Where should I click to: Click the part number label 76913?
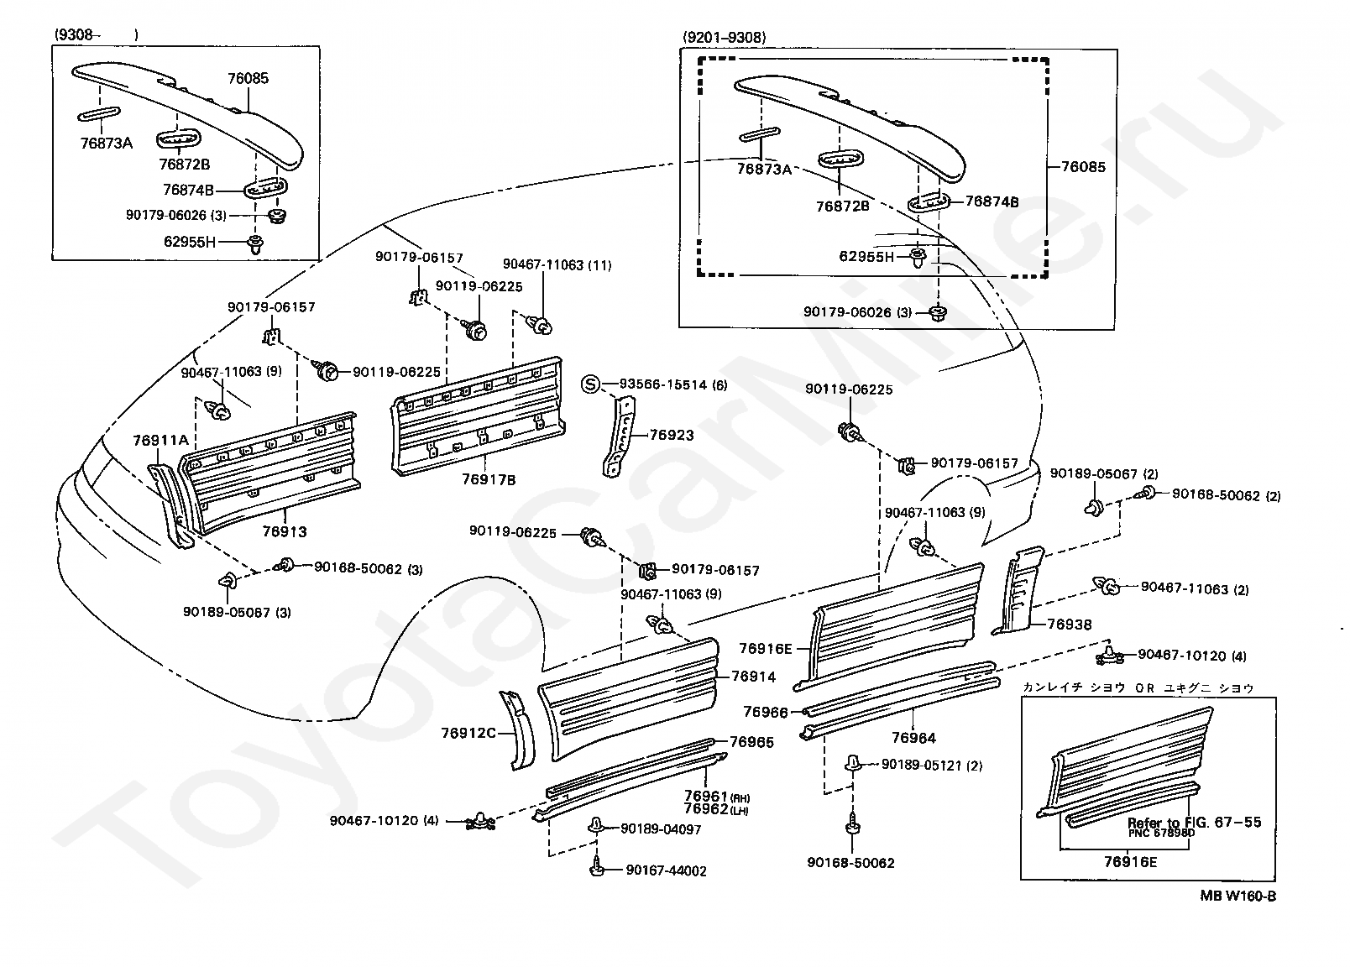[285, 531]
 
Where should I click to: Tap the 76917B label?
[489, 479]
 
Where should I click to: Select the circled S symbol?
[591, 384]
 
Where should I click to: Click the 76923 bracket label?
[672, 435]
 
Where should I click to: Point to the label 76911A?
[161, 441]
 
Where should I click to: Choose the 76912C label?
[468, 733]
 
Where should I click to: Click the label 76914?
[754, 677]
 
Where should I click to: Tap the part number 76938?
[1070, 625]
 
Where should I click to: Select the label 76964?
[913, 738]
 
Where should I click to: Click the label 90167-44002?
[666, 870]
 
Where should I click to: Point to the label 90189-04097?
[661, 829]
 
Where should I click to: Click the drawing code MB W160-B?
[1237, 896]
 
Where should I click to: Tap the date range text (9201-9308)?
[725, 38]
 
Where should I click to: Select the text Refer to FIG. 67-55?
[1194, 822]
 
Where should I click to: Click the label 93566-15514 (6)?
[673, 384]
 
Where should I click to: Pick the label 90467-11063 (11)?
[557, 265]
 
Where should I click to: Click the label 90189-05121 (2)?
[932, 766]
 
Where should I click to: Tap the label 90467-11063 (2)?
[1196, 588]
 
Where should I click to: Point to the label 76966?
[766, 712]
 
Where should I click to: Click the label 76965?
[751, 742]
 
